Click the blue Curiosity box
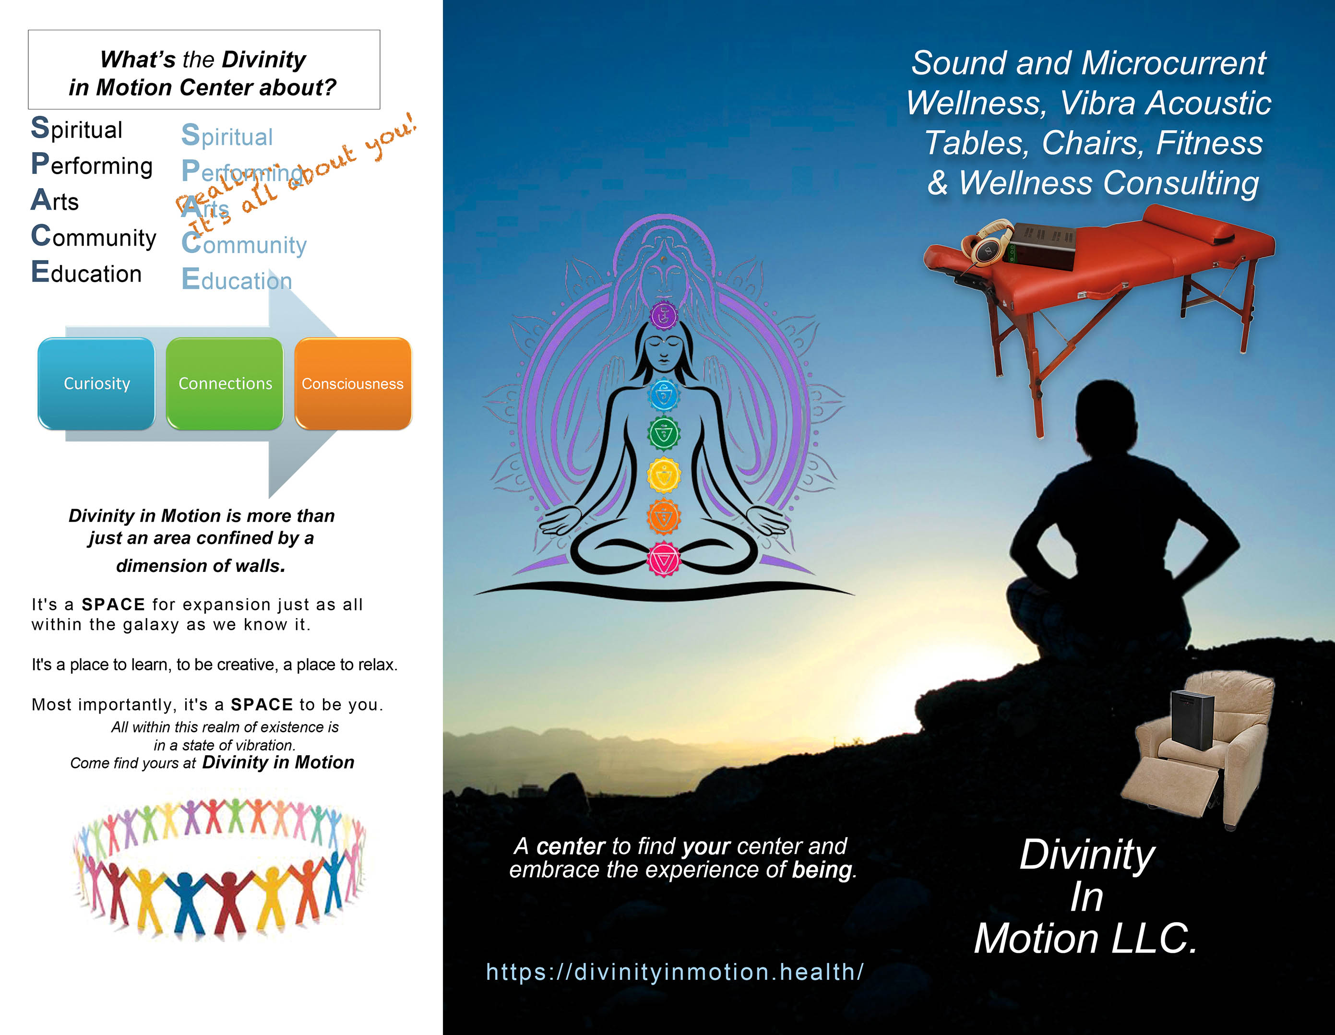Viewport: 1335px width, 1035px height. click(96, 383)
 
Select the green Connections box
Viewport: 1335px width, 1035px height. click(225, 383)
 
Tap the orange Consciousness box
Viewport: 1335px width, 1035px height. click(353, 383)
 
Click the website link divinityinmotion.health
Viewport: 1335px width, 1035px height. click(675, 971)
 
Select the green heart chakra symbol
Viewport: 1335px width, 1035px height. click(664, 433)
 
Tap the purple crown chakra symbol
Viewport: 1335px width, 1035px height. click(664, 315)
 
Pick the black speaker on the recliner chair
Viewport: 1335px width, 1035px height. click(1192, 720)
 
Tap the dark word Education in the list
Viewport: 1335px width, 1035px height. click(86, 272)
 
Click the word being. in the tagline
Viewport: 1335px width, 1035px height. click(824, 870)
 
